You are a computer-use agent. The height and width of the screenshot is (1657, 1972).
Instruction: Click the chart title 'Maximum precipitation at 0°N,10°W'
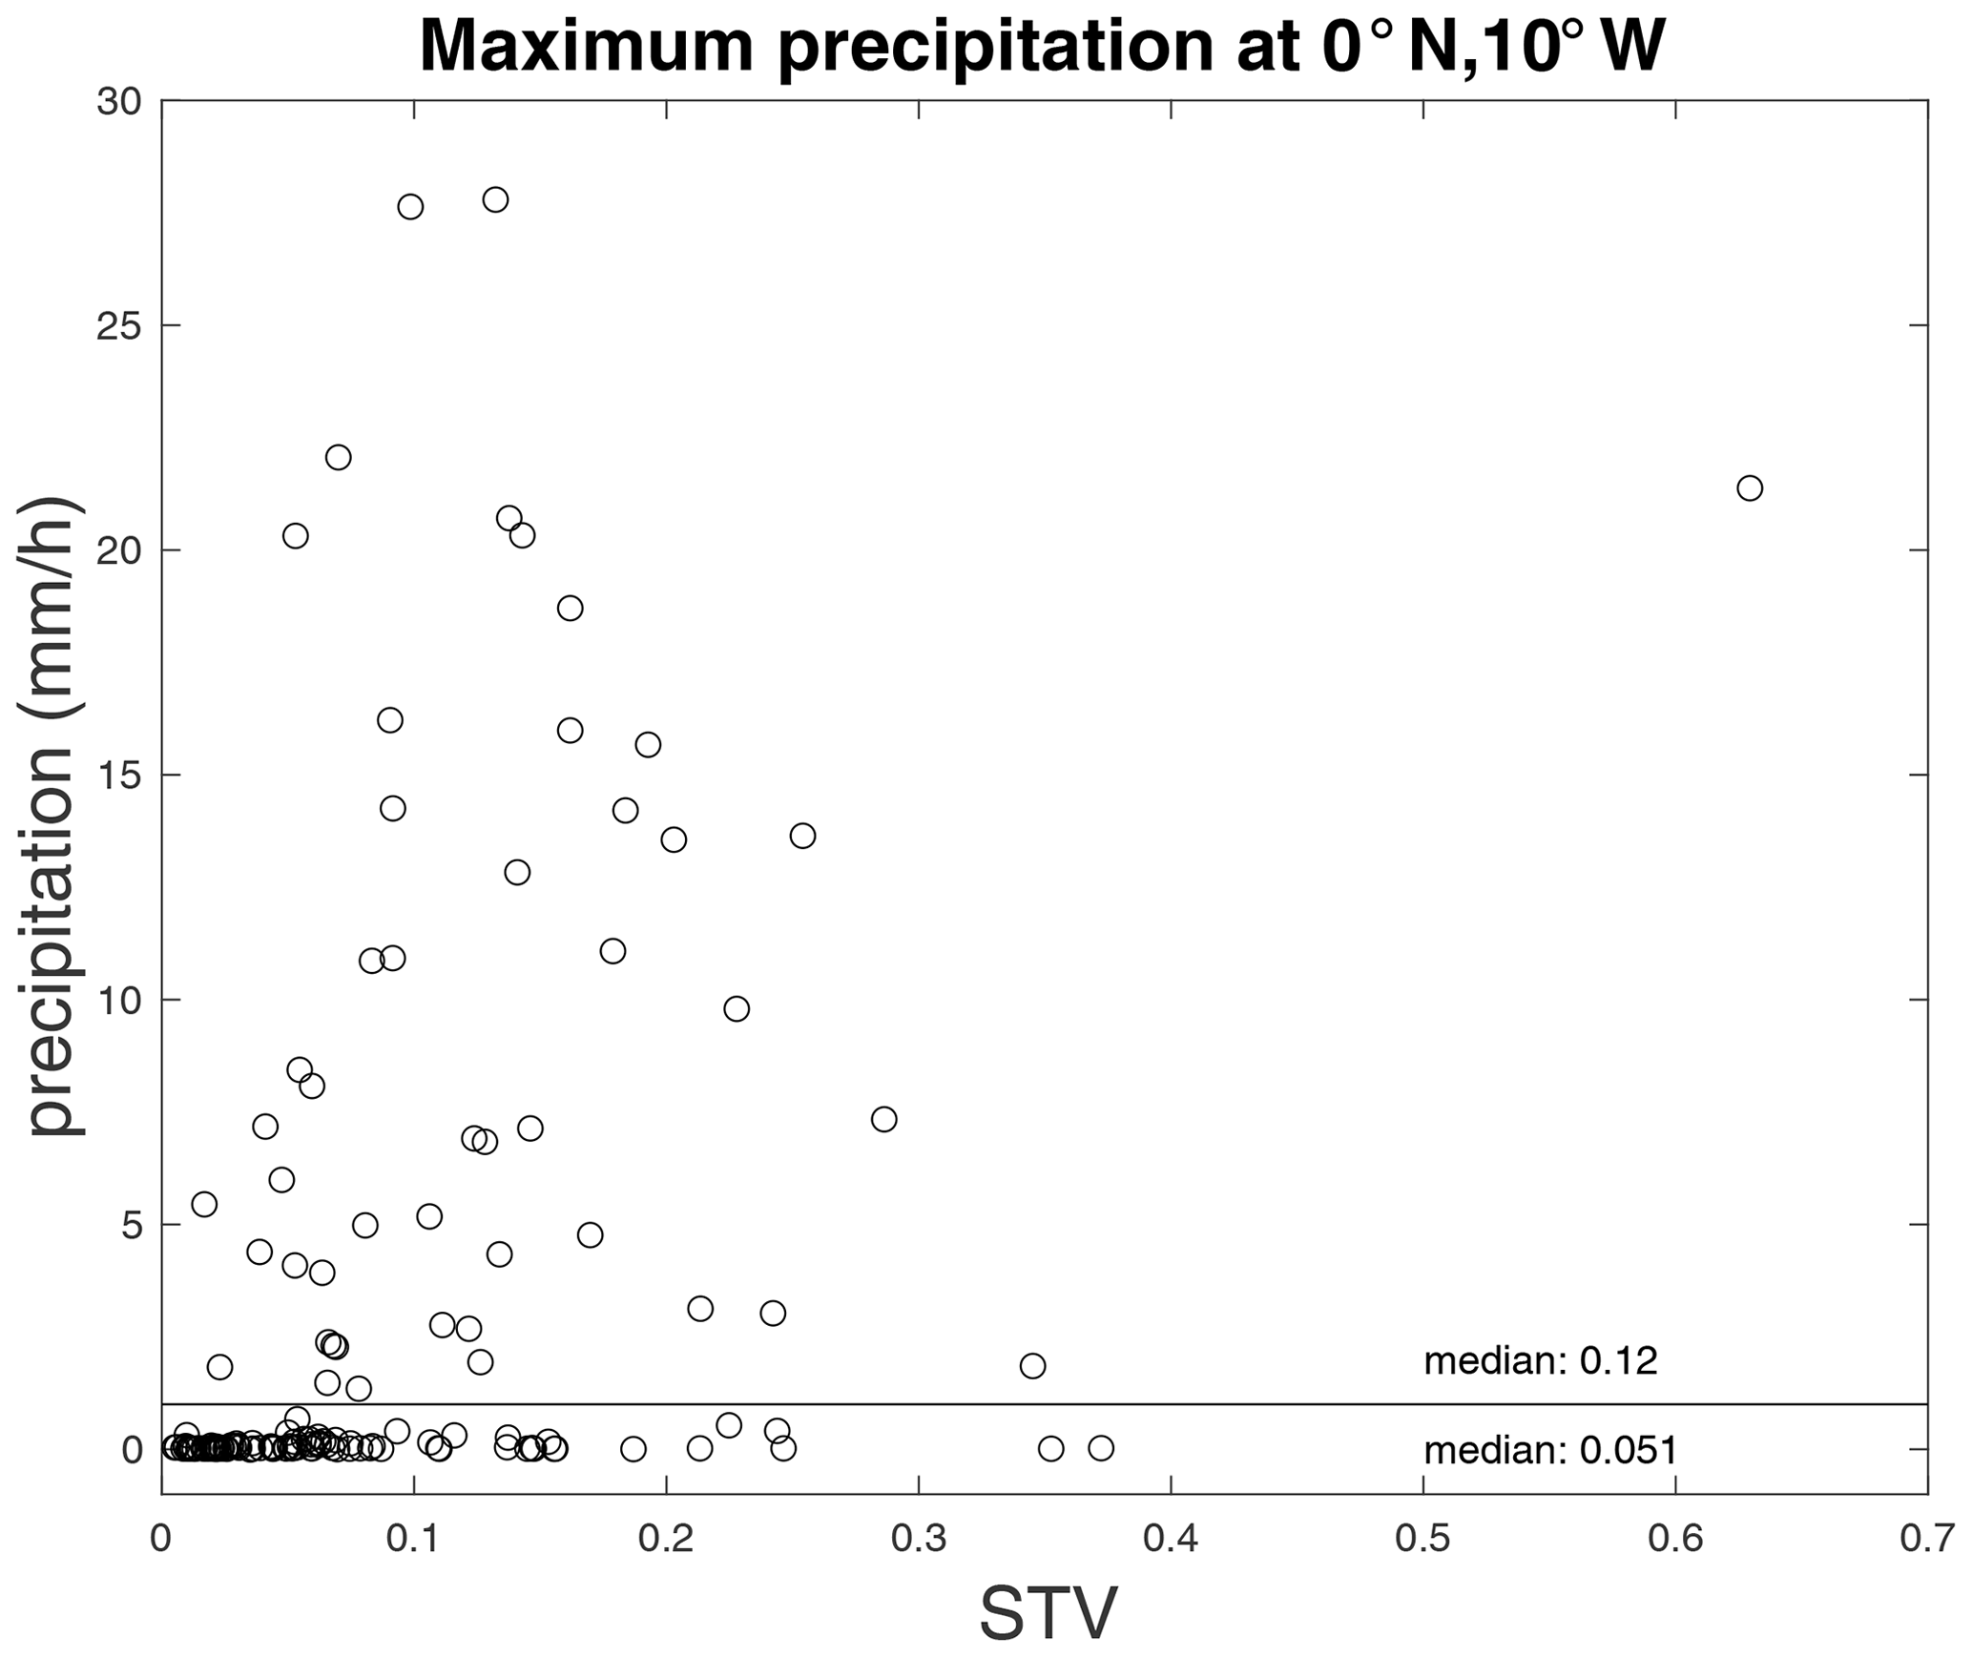[1042, 46]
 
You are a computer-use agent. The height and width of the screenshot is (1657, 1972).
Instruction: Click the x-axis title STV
[1048, 1613]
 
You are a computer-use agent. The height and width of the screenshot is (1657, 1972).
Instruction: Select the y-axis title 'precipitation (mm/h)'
[53, 817]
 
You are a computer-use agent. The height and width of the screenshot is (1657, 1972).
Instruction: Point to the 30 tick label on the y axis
[118, 101]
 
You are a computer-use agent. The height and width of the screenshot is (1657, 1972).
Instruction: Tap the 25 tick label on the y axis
[118, 326]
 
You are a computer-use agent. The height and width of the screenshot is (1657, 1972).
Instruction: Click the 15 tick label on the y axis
[118, 776]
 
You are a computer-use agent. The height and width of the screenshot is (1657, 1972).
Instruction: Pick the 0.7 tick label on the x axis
[1928, 1538]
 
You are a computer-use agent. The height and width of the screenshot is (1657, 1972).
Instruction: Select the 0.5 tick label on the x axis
[1422, 1538]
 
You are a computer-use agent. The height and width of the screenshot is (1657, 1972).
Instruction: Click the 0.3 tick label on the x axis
[918, 1538]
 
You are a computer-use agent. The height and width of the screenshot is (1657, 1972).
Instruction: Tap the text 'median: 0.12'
[1541, 1361]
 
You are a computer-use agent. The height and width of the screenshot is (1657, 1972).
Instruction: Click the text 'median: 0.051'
[1550, 1451]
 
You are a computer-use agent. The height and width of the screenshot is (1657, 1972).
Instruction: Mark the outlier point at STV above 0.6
[1749, 488]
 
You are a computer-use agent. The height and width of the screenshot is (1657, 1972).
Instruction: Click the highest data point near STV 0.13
[495, 199]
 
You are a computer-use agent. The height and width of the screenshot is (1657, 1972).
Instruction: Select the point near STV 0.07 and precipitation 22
[339, 458]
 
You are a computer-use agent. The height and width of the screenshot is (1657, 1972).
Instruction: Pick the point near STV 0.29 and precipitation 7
[883, 1119]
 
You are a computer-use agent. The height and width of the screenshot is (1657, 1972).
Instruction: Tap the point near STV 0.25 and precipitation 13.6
[802, 836]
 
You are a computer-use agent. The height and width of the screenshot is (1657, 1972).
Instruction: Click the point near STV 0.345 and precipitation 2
[1032, 1366]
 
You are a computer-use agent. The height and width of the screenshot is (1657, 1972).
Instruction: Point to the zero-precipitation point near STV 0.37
[1101, 1448]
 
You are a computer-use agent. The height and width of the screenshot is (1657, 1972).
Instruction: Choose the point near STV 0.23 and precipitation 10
[737, 1008]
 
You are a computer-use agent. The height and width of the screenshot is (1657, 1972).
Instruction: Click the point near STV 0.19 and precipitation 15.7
[648, 745]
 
